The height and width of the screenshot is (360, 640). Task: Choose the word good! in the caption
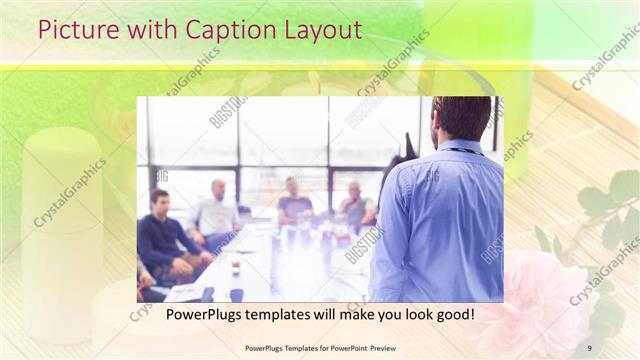453,316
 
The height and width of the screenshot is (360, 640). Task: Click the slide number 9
590,348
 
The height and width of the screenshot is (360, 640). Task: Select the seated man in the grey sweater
295,205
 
